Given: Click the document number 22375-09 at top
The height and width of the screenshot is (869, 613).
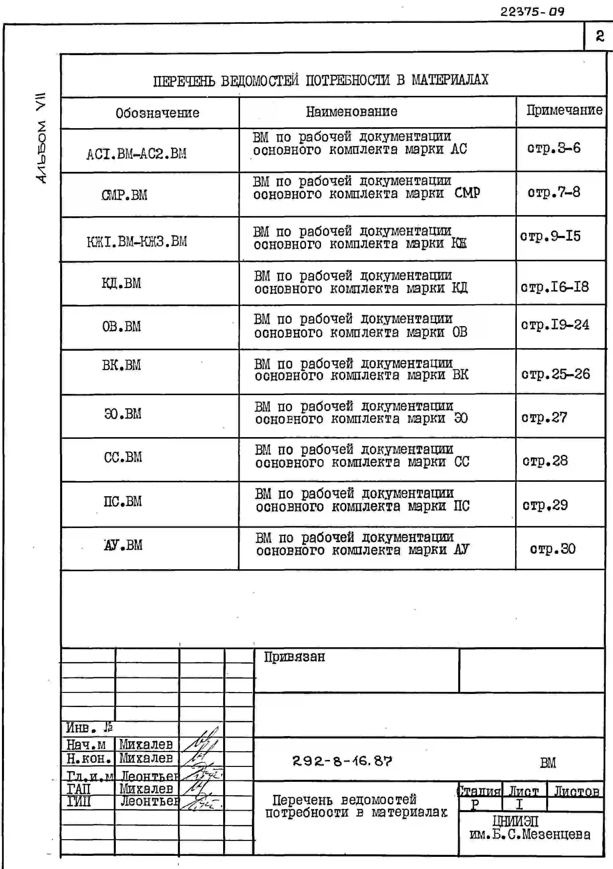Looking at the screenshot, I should tap(532, 12).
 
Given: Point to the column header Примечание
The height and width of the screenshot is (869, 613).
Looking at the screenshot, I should tap(564, 110).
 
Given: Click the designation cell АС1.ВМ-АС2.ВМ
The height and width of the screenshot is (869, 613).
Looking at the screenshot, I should tap(136, 154).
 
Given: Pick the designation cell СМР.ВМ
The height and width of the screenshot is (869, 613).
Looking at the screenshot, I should tap(124, 195).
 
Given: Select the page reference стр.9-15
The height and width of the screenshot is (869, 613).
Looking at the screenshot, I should tap(550, 236).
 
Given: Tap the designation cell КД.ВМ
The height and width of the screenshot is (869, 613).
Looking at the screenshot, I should tap(121, 283).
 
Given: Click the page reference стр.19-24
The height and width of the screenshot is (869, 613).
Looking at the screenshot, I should tap(555, 325).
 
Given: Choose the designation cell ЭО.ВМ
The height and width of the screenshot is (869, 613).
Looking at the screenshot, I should tap(123, 414).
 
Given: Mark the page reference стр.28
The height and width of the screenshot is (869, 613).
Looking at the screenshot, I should tap(545, 461).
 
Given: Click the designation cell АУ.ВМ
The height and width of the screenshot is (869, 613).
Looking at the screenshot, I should tap(123, 545).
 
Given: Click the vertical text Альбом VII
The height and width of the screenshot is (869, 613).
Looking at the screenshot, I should tap(41, 138).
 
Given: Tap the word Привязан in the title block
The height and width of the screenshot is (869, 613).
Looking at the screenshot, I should tap(294, 657).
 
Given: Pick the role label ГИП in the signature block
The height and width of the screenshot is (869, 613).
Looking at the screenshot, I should tap(79, 801).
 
